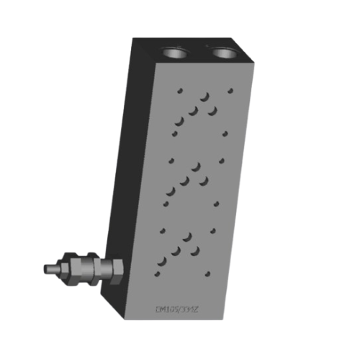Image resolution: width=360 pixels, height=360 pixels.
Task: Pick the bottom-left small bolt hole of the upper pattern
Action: coord(174,133)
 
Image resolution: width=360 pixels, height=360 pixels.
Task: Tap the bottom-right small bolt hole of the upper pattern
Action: coord(225,133)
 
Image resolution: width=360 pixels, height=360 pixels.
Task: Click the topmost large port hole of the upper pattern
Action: coord(205,96)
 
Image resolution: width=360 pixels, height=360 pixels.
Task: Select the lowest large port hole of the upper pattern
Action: coord(179,122)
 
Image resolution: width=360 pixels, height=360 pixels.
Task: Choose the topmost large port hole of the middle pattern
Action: coord(197,166)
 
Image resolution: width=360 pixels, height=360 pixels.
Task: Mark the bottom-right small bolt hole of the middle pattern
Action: coord(215,204)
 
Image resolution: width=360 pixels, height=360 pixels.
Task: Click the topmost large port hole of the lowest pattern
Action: coord(189,236)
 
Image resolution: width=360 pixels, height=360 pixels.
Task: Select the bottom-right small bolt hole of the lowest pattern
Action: coord(208,274)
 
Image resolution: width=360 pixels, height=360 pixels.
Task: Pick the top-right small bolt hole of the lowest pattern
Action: coord(214,230)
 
